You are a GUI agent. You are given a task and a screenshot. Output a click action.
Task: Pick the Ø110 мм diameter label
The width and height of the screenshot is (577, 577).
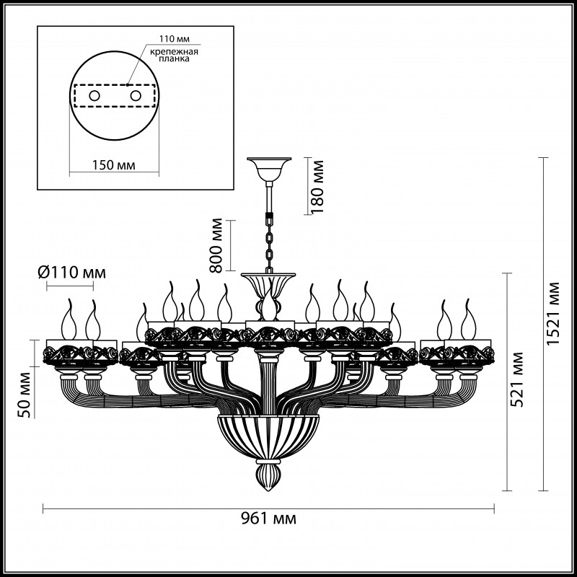[71, 273]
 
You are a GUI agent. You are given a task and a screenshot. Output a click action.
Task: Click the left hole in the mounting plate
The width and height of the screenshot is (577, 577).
[94, 95]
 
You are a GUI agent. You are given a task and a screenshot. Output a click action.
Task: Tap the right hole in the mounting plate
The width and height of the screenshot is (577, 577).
[135, 95]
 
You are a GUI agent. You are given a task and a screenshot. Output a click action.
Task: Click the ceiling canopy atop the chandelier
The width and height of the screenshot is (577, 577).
[268, 167]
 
